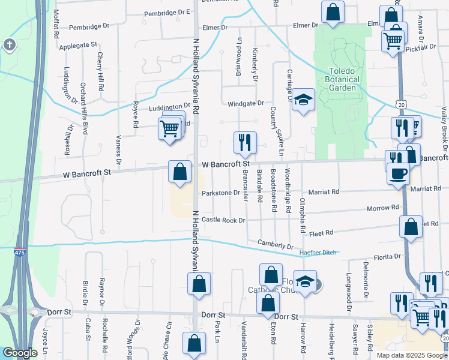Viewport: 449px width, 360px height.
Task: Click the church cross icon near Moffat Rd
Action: [9, 44]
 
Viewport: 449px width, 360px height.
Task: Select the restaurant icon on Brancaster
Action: [244, 142]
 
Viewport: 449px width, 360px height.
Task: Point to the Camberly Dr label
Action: [275, 245]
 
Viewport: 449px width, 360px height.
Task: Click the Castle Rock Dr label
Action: [223, 220]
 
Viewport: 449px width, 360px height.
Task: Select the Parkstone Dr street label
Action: [221, 193]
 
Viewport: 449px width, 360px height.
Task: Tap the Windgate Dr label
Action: [246, 104]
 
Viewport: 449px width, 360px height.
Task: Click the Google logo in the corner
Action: [20, 353]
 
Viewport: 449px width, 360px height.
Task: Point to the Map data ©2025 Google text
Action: [412, 355]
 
